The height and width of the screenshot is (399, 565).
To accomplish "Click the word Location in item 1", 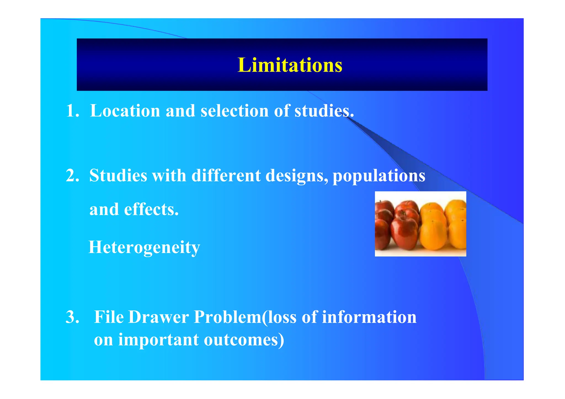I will (x=125, y=111).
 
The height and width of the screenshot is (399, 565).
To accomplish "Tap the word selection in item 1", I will (x=234, y=111).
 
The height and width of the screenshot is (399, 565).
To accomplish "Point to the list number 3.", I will (x=72, y=317).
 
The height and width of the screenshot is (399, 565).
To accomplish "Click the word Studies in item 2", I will (x=118, y=175).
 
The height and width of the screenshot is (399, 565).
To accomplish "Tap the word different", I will (x=226, y=175).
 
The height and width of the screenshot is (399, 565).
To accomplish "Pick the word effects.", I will (x=151, y=209).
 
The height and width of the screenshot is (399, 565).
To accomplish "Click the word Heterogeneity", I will (x=144, y=247).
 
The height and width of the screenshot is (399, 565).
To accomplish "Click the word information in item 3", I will (x=369, y=317).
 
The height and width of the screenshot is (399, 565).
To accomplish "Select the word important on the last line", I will (x=158, y=340).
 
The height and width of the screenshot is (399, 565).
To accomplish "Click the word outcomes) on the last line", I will (x=244, y=340).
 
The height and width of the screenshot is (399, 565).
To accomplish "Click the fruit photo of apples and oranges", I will (x=420, y=224).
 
